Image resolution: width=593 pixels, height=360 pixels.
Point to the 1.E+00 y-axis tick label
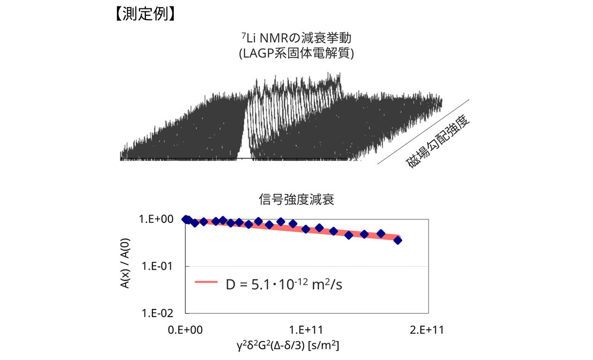pos(156,219)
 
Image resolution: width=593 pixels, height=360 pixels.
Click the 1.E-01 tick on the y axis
pos(157,266)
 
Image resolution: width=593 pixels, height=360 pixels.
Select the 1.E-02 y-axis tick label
pos(157,313)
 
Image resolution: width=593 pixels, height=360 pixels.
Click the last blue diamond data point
pos(397,240)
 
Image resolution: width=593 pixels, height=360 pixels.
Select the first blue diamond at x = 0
pos(186,219)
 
